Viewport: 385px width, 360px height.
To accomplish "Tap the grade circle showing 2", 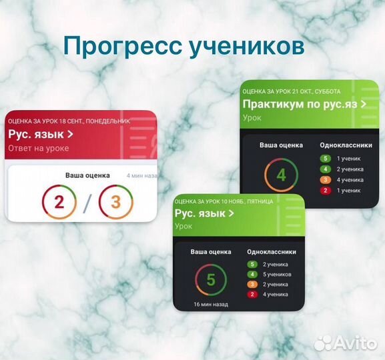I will pos(59,202).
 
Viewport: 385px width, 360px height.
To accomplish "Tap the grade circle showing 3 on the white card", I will pos(115,202).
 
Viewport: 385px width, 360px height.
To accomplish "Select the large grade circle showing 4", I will pos(281,176).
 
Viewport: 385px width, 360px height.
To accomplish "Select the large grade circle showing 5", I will pos(211,280).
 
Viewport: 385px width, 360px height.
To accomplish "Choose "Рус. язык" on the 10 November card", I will pos(204,213).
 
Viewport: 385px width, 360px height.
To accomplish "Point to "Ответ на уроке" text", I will pos(38,148).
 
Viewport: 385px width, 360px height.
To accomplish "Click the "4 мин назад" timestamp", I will pos(141,176).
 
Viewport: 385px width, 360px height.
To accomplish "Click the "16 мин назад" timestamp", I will pos(211,305).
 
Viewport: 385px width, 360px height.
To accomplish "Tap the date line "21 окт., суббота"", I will pos(291,91).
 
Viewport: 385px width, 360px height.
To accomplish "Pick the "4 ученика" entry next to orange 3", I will pos(350,180).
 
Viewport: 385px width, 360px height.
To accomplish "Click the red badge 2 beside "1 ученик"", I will pos(325,191).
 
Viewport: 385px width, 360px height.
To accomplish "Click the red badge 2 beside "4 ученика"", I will pos(252,294).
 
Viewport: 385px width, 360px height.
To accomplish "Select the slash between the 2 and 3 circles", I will pos(87,203).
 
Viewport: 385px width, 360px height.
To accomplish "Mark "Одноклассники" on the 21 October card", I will pos(342,145).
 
